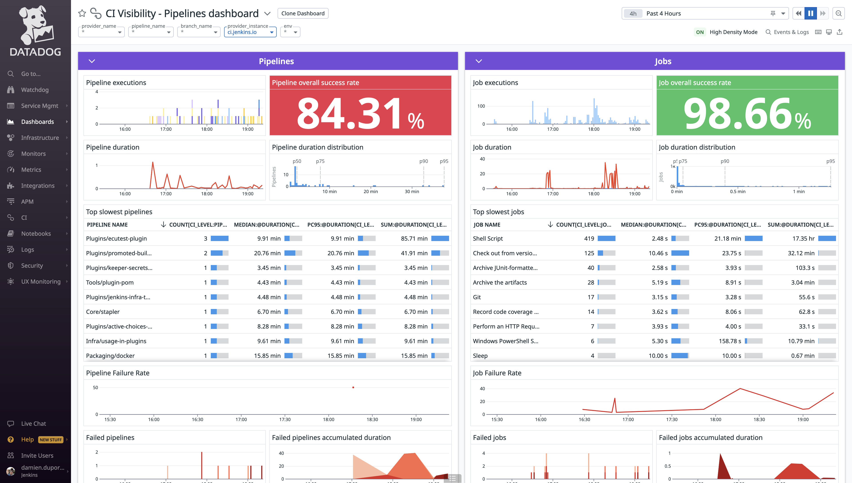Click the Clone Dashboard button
[x=303, y=13]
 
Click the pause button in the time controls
[x=811, y=13]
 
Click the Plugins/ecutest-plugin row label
[x=116, y=239]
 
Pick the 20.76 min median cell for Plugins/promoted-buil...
[x=267, y=253]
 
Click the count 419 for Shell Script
[x=589, y=239]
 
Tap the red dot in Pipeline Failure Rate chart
[x=353, y=387]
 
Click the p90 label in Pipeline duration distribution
[x=423, y=161]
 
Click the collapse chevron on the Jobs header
[x=479, y=61]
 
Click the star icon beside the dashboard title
[x=82, y=13]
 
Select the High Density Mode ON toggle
[x=700, y=32]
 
